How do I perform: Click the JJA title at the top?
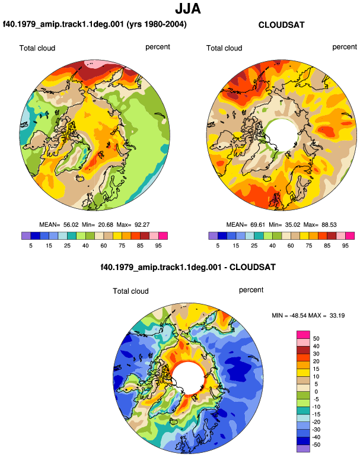[x=188, y=9]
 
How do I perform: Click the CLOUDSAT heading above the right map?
[x=281, y=25]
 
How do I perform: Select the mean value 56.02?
[x=71, y=225]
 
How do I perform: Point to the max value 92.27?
[x=142, y=225]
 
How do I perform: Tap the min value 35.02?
[x=292, y=225]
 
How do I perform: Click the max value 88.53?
[x=329, y=225]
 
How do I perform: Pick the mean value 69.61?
[x=258, y=225]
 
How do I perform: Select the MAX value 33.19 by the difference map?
[x=337, y=315]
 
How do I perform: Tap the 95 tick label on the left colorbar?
[x=158, y=246]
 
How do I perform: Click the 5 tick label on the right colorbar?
[x=218, y=246]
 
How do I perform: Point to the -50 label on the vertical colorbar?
[x=316, y=445]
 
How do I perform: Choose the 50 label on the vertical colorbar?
[x=316, y=339]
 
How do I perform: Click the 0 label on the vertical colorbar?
[x=316, y=392]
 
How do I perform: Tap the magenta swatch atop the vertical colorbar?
[x=303, y=335]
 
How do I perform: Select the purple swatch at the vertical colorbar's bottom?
[x=303, y=449]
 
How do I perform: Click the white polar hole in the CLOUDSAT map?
[x=282, y=135]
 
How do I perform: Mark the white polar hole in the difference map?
[x=189, y=377]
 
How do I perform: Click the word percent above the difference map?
[x=251, y=290]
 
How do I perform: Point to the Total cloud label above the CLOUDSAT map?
[x=224, y=48]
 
